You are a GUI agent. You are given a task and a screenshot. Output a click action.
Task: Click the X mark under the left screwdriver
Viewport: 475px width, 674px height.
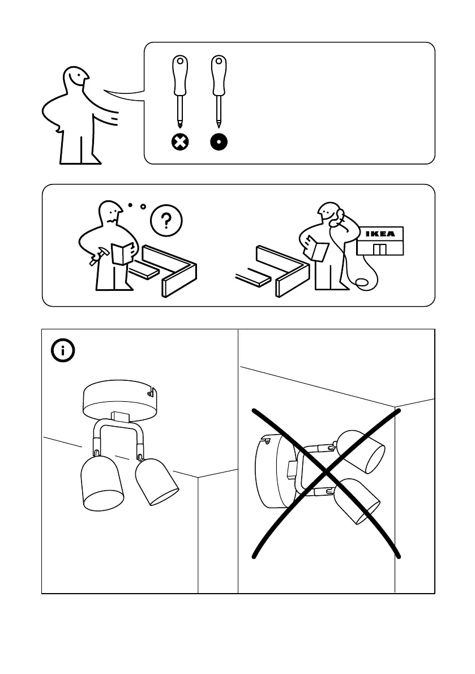click(x=179, y=142)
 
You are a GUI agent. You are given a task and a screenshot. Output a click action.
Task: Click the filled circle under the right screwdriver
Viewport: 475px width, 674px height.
click(x=218, y=142)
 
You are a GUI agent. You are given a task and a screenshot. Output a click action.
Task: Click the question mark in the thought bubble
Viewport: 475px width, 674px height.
click(x=166, y=220)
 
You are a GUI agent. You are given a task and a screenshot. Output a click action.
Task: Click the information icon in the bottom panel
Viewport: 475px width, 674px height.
click(x=63, y=351)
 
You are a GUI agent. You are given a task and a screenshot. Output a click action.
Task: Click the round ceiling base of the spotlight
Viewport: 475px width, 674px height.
click(x=119, y=400)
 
